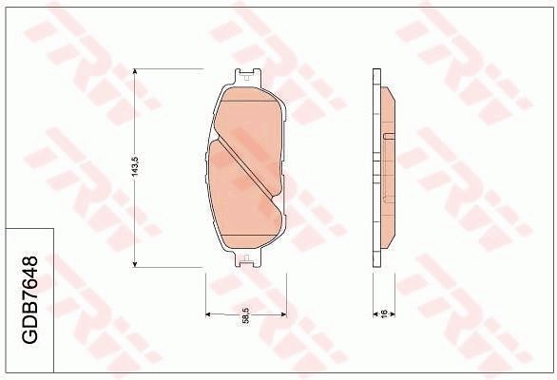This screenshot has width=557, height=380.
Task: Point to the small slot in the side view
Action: click(388, 138)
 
